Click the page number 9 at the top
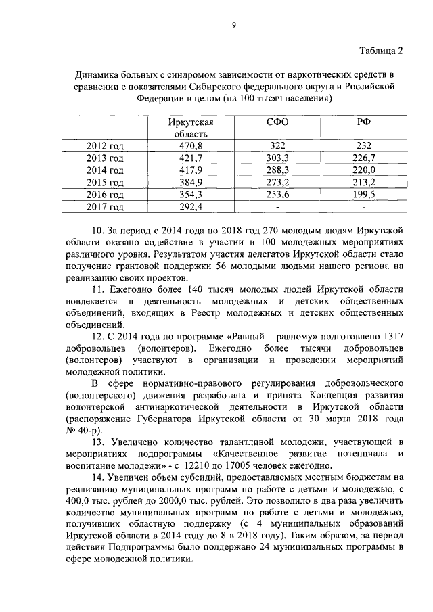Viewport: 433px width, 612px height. pos(233,25)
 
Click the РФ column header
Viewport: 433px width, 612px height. pos(364,122)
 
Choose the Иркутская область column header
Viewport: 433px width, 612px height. pos(191,128)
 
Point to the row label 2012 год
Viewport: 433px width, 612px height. pos(105,146)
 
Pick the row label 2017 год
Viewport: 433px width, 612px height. pos(105,207)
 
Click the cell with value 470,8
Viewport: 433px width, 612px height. pos(191,146)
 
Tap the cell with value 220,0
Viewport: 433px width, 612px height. pos(364,170)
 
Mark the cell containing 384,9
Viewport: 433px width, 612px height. pos(191,183)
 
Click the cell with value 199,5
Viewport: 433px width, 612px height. pos(364,195)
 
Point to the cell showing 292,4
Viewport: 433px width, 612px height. pos(191,207)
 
